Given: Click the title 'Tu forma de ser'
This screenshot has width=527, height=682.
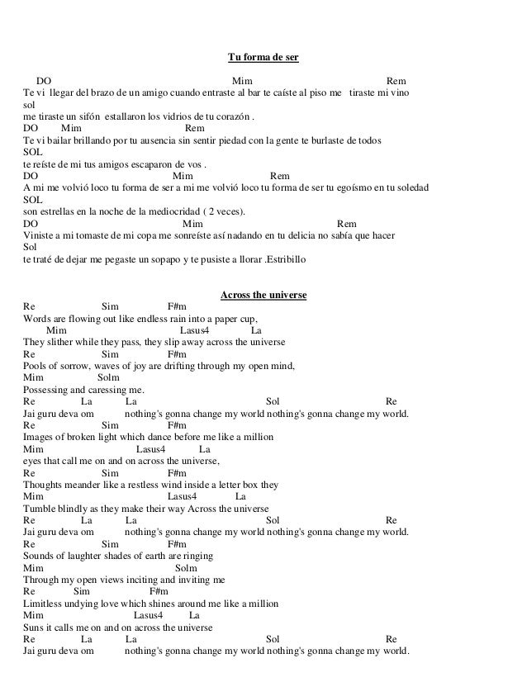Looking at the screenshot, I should tap(263, 58).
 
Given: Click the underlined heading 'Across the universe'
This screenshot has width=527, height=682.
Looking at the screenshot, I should tap(263, 296).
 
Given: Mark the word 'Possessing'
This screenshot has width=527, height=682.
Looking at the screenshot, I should tap(46, 391).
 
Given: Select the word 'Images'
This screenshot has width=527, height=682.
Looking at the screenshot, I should tap(40, 438).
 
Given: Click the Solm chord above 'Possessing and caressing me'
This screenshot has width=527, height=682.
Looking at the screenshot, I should tap(98, 378).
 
